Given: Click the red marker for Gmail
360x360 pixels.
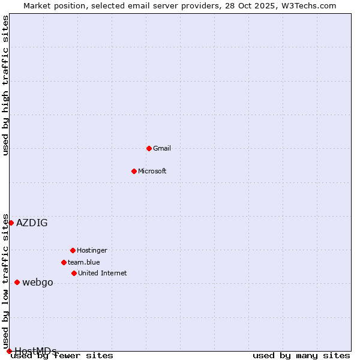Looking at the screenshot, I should pyautogui.click(x=149, y=148).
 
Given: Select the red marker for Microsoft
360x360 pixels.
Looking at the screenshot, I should pyautogui.click(x=134, y=171).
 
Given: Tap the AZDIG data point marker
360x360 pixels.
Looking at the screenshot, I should pyautogui.click(x=11, y=223).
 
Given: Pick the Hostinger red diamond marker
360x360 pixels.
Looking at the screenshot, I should pyautogui.click(x=73, y=250).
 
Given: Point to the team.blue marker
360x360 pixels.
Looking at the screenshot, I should pyautogui.click(x=64, y=262).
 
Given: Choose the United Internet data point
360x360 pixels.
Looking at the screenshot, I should pyautogui.click(x=74, y=273).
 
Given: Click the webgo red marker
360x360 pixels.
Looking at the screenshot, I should pyautogui.click(x=17, y=282).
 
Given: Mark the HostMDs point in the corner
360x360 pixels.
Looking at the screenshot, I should pyautogui.click(x=9, y=351).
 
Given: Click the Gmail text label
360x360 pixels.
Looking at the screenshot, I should pyautogui.click(x=162, y=148).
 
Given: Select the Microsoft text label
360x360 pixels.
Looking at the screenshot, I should pyautogui.click(x=152, y=171).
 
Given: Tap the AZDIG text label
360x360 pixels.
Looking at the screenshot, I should pyautogui.click(x=32, y=223).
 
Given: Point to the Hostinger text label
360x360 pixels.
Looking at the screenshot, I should pyautogui.click(x=92, y=250).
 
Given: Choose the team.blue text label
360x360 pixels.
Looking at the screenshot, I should pyautogui.click(x=84, y=262).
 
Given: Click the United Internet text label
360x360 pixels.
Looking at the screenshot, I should pyautogui.click(x=103, y=273).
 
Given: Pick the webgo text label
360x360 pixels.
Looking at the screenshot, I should pyautogui.click(x=38, y=282).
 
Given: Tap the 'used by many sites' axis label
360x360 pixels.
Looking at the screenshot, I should pyautogui.click(x=301, y=356).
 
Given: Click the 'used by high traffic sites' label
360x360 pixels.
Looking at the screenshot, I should pyautogui.click(x=5, y=86).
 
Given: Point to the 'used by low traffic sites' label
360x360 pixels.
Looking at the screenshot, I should pyautogui.click(x=5, y=281).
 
